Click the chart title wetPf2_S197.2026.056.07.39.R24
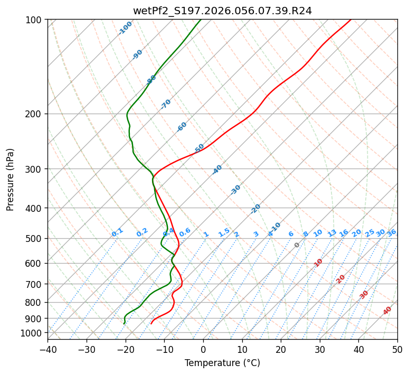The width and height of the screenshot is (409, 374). [222, 11]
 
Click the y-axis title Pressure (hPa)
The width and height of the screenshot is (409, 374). [11, 179]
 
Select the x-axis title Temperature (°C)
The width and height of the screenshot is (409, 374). [222, 363]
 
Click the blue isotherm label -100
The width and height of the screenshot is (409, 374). [125, 28]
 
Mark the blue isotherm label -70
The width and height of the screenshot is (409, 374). [166, 104]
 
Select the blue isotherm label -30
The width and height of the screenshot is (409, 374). [235, 190]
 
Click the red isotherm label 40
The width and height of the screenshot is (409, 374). [387, 311]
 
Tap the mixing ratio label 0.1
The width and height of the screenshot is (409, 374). [117, 232]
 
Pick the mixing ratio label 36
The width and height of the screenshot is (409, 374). [392, 232]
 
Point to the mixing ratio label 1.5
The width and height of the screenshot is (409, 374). [224, 232]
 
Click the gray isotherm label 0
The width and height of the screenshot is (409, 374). [297, 245]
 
